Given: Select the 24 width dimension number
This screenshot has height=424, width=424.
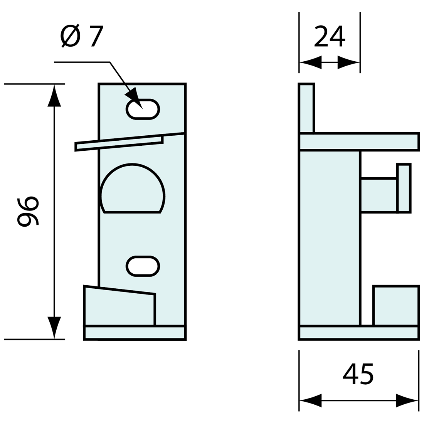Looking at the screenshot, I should click(330, 36).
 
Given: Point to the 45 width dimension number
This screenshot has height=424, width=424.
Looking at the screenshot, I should click(358, 374).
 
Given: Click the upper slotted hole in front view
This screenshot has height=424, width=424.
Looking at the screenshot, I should click(143, 109).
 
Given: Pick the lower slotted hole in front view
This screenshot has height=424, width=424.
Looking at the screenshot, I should click(143, 266).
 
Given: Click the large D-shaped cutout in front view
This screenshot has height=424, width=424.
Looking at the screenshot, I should click(133, 191).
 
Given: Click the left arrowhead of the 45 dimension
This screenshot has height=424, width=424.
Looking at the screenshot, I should click(311, 401).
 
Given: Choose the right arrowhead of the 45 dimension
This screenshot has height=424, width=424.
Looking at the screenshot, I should click(407, 401).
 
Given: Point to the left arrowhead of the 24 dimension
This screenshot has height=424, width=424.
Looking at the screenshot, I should click(311, 62).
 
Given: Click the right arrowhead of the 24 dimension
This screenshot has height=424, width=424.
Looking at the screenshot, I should click(348, 62).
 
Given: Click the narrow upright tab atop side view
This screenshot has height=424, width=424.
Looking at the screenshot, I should click(307, 108).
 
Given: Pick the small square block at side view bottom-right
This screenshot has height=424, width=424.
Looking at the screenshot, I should click(396, 306).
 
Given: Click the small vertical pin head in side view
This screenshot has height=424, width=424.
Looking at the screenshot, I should click(404, 188).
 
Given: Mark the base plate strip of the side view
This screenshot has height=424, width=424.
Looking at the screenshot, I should click(359, 333).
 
